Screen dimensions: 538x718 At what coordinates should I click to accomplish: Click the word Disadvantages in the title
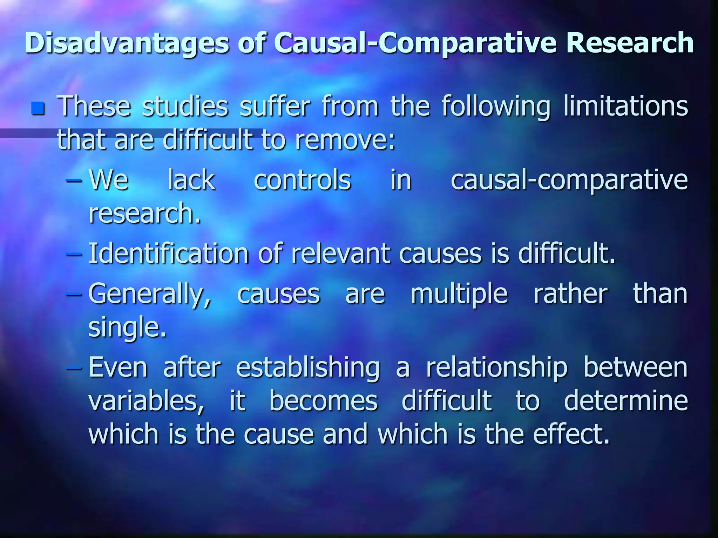pyautogui.click(x=127, y=43)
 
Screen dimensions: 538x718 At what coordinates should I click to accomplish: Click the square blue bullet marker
pyautogui.click(x=38, y=108)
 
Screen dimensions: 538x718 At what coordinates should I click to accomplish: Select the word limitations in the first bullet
pyautogui.click(x=625, y=106)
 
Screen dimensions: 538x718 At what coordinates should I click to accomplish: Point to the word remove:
pyautogui.click(x=345, y=139)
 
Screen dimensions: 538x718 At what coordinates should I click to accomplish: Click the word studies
pyautogui.click(x=185, y=106)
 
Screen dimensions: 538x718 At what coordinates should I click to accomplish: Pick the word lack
pyautogui.click(x=191, y=180)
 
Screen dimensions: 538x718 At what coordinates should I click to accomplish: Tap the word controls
pyautogui.click(x=302, y=180)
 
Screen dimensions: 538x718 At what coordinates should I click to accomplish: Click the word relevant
pyautogui.click(x=340, y=254)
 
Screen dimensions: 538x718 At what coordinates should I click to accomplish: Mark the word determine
pyautogui.click(x=626, y=401)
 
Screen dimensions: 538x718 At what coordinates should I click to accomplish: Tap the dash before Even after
pyautogui.click(x=74, y=368)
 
